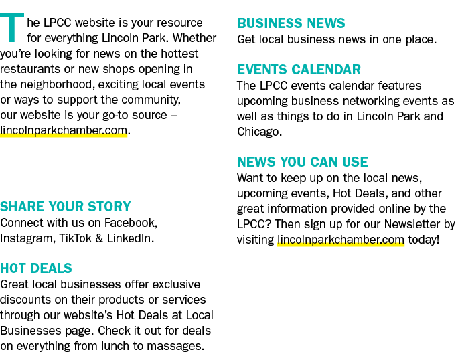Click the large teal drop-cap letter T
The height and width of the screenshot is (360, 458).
click(x=11, y=27)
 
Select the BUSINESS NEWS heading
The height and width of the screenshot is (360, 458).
click(x=291, y=23)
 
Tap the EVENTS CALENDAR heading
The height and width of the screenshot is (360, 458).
click(x=299, y=70)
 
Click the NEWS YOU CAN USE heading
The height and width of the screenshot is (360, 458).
click(x=302, y=162)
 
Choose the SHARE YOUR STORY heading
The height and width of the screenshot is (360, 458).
click(x=66, y=207)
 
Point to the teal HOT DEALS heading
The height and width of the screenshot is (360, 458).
click(x=36, y=268)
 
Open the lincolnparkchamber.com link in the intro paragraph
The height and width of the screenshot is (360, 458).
click(x=64, y=130)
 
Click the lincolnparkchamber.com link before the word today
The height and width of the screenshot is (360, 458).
click(x=341, y=240)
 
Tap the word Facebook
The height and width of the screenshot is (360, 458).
click(x=130, y=223)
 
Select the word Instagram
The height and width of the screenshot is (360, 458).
click(x=27, y=238)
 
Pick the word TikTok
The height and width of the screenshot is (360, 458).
click(x=76, y=238)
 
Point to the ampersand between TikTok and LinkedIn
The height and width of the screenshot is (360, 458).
click(x=99, y=238)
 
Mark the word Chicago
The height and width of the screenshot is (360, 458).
click(x=258, y=132)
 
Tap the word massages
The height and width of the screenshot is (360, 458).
click(x=174, y=346)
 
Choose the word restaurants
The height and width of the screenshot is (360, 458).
click(x=30, y=69)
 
